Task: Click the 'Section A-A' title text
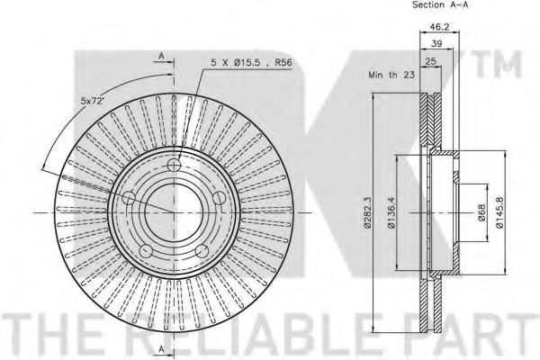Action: pyautogui.click(x=440, y=4)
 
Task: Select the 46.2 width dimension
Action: pyautogui.click(x=440, y=26)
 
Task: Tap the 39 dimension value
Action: pyautogui.click(x=436, y=43)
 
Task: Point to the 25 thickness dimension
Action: pyautogui.click(x=431, y=61)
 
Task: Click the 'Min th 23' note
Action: pyautogui.click(x=391, y=75)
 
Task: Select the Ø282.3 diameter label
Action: pyautogui.click(x=367, y=212)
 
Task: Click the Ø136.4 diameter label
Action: pyautogui.click(x=391, y=212)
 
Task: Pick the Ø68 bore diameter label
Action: pyautogui.click(x=481, y=212)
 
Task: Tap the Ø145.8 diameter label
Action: pyautogui.click(x=499, y=212)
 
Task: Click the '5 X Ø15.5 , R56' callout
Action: pyautogui.click(x=251, y=63)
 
